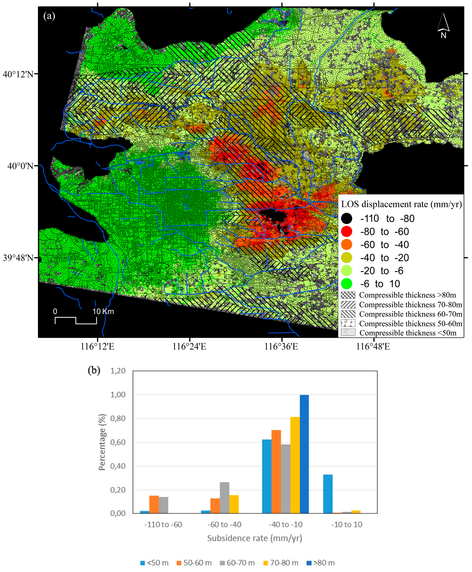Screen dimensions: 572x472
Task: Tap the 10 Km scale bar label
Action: point(103,312)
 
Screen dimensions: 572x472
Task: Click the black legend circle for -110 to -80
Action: point(346,218)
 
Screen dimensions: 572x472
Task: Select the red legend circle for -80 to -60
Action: point(346,232)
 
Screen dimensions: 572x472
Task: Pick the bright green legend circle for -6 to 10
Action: point(346,284)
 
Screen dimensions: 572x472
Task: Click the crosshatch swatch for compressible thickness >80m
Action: point(348,295)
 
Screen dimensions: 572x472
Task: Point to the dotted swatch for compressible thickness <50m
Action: point(348,332)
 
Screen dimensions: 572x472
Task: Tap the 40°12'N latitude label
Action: point(18,74)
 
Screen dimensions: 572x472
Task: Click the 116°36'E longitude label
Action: point(281,347)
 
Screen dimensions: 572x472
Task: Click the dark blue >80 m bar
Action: point(304,454)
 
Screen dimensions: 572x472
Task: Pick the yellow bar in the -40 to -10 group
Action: point(295,465)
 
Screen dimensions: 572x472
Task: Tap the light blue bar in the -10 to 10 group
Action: point(328,494)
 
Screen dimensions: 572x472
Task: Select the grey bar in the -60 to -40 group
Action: point(225,498)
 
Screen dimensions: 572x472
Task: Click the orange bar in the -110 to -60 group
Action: point(154,505)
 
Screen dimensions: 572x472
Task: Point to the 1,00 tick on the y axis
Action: point(118,395)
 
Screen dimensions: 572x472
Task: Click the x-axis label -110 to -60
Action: point(163,524)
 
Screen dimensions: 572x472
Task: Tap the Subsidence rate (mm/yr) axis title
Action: point(255,538)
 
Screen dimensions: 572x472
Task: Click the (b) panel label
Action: point(94,370)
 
